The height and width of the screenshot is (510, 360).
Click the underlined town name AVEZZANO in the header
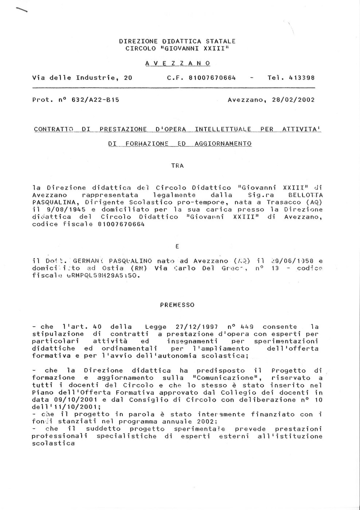[x=178, y=63]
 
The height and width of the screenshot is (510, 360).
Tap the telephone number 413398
[x=301, y=78]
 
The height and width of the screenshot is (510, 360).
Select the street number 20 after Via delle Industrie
[x=128, y=78]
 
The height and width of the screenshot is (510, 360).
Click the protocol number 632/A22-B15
[x=95, y=100]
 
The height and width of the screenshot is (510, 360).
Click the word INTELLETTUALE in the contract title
[x=223, y=129]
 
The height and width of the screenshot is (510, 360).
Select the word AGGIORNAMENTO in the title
[x=223, y=144]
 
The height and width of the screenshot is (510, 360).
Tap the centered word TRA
[x=177, y=166]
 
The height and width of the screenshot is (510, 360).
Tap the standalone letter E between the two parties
[x=177, y=246]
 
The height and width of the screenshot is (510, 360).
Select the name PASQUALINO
[x=130, y=261]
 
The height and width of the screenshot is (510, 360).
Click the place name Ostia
[x=113, y=268]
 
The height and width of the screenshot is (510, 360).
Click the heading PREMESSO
[x=177, y=305]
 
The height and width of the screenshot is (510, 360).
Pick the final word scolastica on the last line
[x=53, y=443]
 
